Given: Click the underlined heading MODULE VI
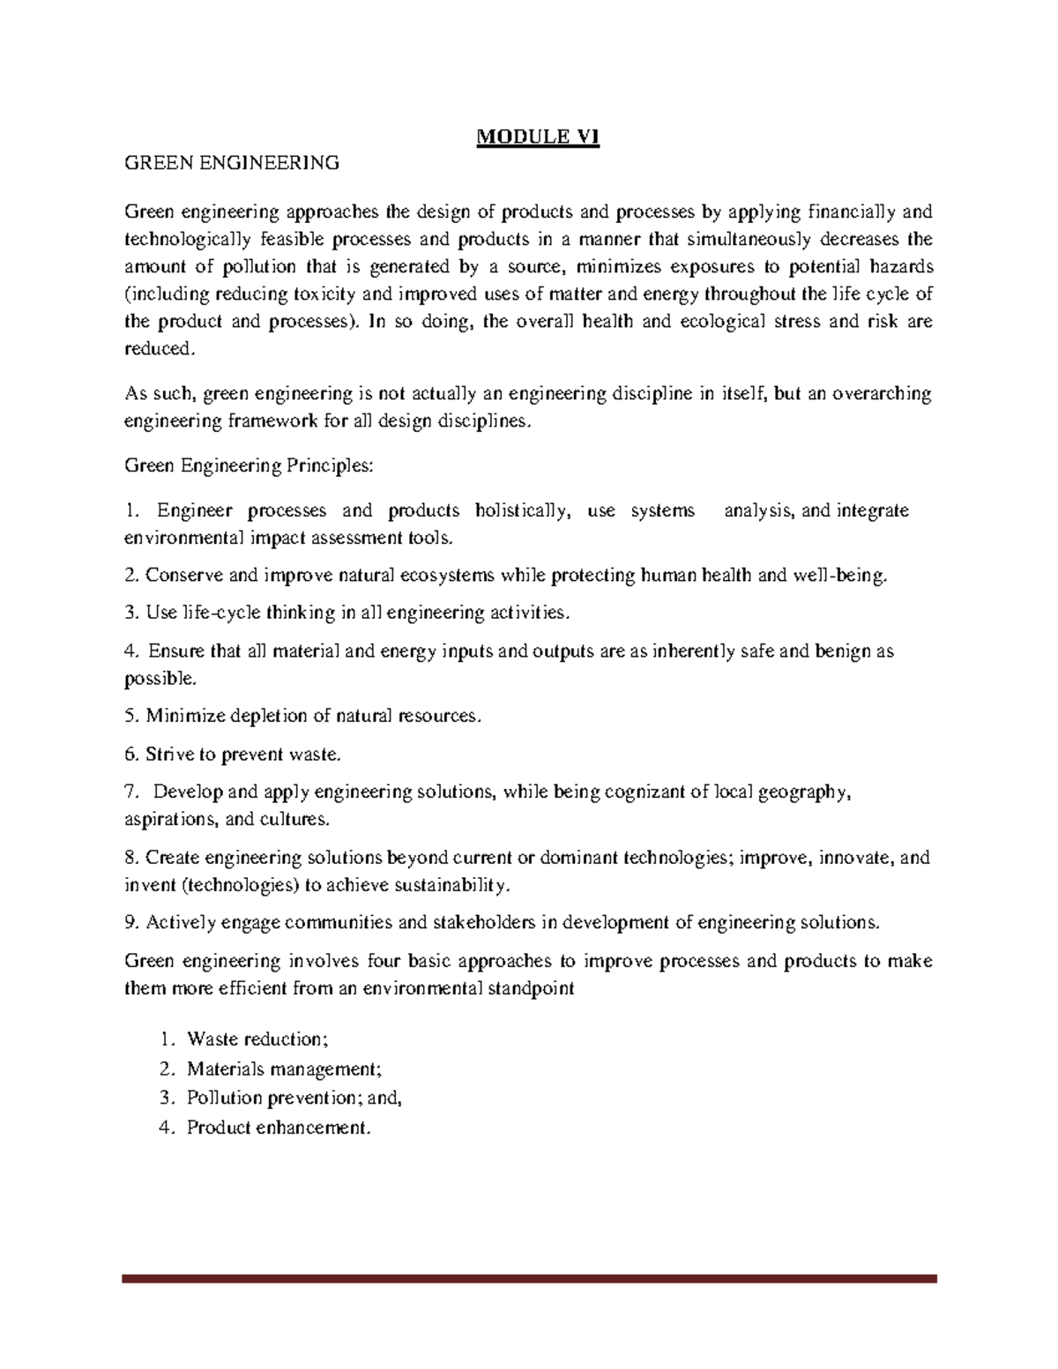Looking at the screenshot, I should coord(538,138).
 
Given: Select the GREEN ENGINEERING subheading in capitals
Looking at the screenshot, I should coord(231,162).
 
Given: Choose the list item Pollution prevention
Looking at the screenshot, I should coord(282,1098).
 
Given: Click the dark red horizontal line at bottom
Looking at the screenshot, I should coord(529,1277).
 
